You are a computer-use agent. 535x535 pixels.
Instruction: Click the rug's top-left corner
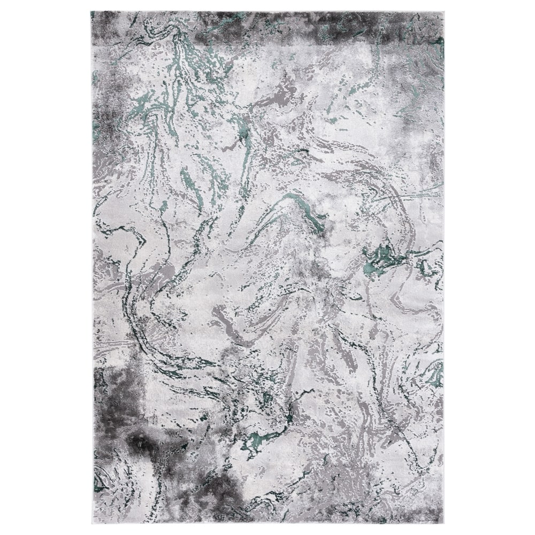pyautogui.click(x=91, y=12)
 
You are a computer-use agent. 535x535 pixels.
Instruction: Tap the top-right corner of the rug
pyautogui.click(x=444, y=12)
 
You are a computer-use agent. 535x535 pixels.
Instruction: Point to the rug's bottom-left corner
pyautogui.click(x=93, y=523)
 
